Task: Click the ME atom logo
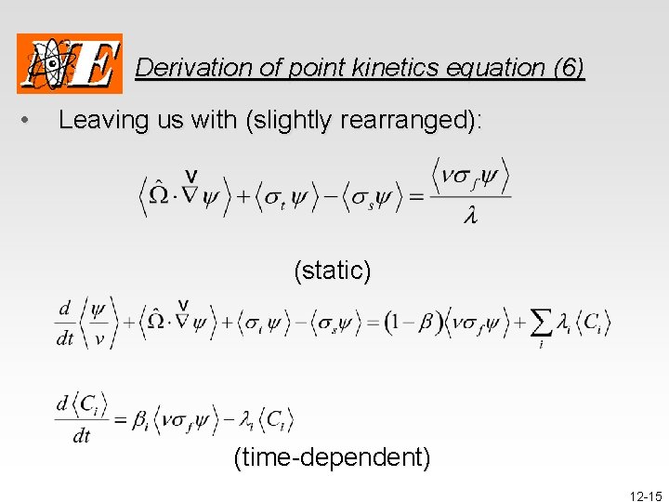tap(70, 63)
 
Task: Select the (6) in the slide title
tap(568, 68)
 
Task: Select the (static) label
tap(333, 271)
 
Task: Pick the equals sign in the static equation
tap(415, 196)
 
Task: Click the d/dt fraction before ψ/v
tap(65, 323)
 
